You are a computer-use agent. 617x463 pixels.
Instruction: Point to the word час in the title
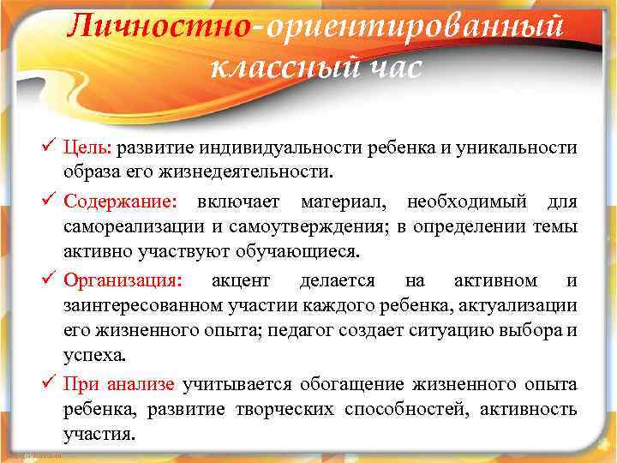[x=388, y=67]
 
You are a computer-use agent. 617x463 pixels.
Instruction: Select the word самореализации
[x=126, y=227]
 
